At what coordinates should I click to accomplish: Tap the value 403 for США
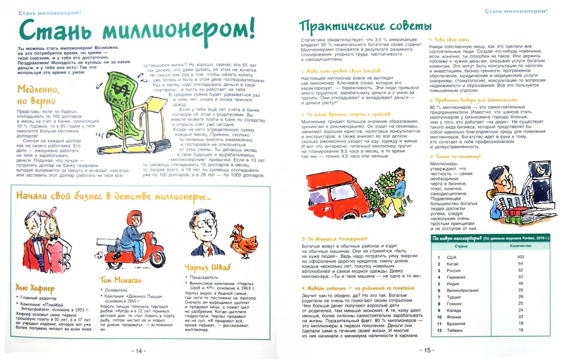(520, 257)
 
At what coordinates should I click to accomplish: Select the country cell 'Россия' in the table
(453, 271)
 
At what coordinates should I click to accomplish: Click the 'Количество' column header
(520, 246)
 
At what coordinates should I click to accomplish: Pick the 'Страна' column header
(461, 246)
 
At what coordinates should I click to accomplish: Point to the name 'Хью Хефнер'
(35, 288)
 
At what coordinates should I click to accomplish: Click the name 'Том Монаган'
(120, 280)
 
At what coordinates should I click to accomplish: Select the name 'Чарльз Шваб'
(207, 267)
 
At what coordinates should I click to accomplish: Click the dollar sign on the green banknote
(119, 89)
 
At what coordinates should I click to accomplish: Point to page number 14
(139, 351)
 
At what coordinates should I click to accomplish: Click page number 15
(427, 350)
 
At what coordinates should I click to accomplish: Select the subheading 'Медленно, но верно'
(37, 95)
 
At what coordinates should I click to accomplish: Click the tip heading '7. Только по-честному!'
(455, 156)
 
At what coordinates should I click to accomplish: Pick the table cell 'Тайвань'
(455, 330)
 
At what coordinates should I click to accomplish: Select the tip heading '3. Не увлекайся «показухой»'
(334, 239)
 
